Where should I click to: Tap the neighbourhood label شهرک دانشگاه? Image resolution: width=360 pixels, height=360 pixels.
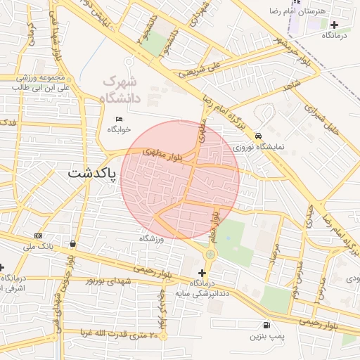[x=122, y=90]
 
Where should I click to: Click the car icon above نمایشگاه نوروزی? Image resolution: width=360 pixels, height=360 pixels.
[x=259, y=136]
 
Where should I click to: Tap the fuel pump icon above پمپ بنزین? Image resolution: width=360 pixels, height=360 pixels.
[x=266, y=325]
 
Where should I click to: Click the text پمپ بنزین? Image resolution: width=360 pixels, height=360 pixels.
[x=268, y=337]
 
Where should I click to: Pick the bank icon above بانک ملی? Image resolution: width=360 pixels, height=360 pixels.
[x=38, y=236]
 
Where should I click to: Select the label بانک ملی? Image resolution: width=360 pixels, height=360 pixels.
[x=38, y=247]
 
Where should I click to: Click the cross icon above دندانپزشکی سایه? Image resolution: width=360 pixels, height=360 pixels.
[x=202, y=273]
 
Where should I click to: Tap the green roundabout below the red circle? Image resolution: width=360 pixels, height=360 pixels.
[x=210, y=254]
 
